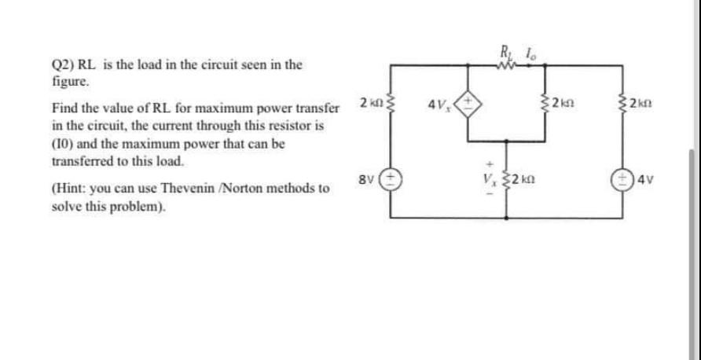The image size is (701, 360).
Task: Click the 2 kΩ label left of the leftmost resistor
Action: tap(366, 102)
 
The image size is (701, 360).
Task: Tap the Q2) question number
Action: tap(63, 65)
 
